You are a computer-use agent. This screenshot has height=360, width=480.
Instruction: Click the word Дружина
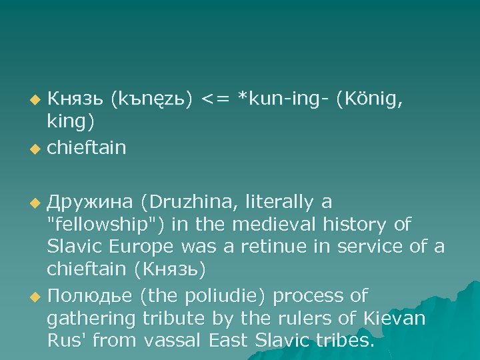(x=90, y=202)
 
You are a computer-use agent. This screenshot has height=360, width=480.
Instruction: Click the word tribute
(x=173, y=318)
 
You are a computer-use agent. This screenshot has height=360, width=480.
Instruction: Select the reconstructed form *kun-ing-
(x=284, y=99)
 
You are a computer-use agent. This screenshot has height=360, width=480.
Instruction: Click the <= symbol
(x=215, y=99)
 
